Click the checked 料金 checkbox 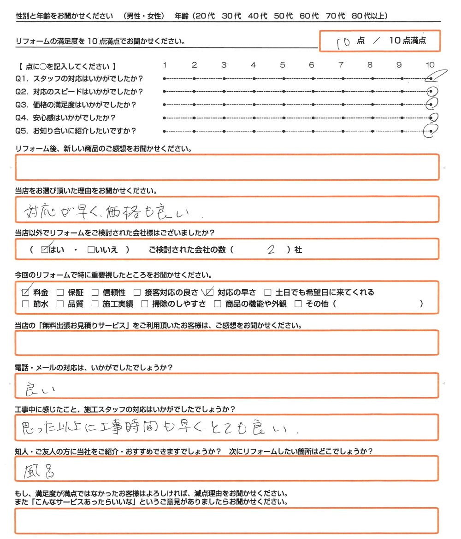click(x=26, y=292)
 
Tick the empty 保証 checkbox click(x=59, y=292)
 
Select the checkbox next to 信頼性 click(x=95, y=292)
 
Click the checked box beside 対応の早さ click(x=210, y=292)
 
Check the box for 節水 click(x=26, y=304)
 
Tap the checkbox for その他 click(x=297, y=304)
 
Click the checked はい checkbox click(x=45, y=250)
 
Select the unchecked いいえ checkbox click(x=90, y=250)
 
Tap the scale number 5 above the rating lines click(x=283, y=65)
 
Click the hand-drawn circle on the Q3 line click(x=431, y=104)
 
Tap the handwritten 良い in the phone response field click(x=41, y=389)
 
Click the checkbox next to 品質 click(x=59, y=304)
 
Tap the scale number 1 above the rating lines click(x=165, y=65)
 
